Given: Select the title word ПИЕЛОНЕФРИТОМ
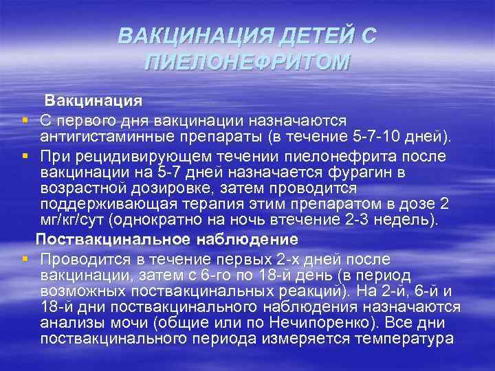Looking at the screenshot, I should point(247,63).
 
